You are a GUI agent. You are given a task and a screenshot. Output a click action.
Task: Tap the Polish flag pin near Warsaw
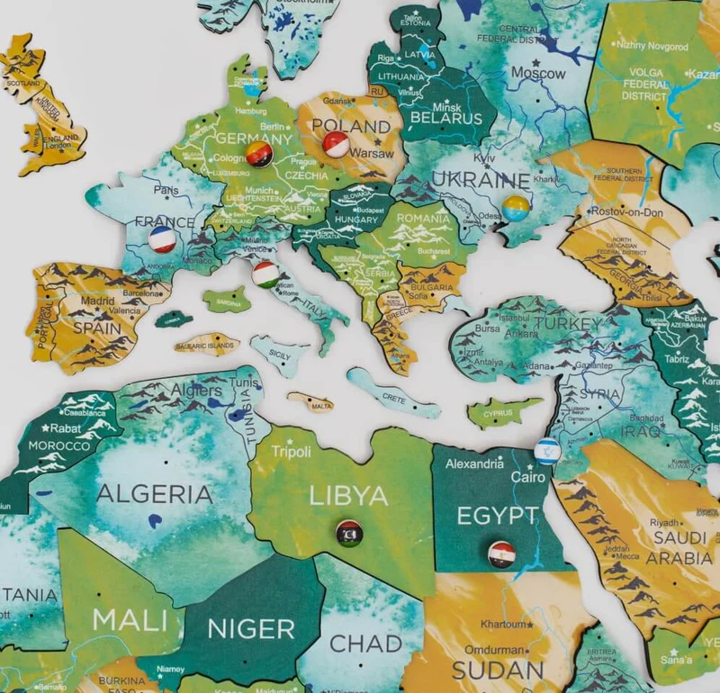click(x=336, y=144)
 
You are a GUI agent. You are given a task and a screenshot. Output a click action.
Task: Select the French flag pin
click(x=162, y=239)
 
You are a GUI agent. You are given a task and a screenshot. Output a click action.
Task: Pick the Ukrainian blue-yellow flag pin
click(x=516, y=209)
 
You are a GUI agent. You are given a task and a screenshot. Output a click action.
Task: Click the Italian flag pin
click(x=265, y=274)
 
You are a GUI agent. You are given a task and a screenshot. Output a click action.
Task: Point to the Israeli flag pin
click(x=546, y=451)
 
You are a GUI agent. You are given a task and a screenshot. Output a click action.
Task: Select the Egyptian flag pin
click(x=501, y=553)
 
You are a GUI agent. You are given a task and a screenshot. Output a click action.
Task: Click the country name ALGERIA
click(x=154, y=493)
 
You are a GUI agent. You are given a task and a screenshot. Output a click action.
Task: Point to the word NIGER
click(x=252, y=628)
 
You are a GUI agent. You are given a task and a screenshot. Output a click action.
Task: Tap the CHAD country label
click(x=365, y=643)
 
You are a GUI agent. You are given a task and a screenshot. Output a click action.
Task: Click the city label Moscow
click(x=538, y=73)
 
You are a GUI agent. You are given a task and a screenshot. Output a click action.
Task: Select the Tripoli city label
click(x=291, y=452)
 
